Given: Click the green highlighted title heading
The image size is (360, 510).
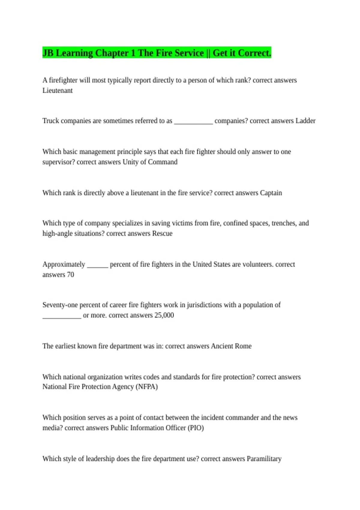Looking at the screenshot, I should (157, 53).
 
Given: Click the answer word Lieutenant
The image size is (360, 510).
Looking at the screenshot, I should (57, 91).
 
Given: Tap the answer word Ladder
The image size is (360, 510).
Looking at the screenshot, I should (305, 121).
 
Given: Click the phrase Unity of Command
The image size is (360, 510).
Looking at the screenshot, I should (150, 162).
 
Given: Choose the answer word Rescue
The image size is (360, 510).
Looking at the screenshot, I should (162, 234).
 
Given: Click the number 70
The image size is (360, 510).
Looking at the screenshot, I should (70, 275).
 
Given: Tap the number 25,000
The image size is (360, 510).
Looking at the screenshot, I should (164, 315).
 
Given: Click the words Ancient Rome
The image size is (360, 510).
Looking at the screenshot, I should (231, 346).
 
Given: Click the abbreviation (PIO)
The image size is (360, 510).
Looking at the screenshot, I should (196, 428).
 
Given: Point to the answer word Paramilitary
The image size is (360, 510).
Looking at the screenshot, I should (264, 459).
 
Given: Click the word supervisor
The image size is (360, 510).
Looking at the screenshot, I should (58, 162).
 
